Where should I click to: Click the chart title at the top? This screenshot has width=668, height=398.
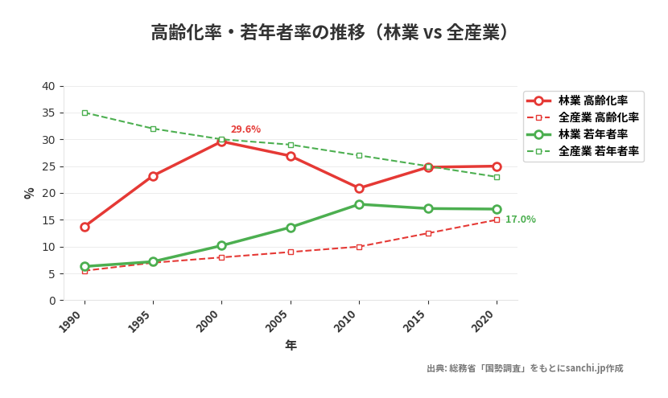[x=331, y=32]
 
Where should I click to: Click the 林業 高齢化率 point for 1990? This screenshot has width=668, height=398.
[x=85, y=227]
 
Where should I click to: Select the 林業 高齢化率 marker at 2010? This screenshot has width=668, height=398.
[x=359, y=188]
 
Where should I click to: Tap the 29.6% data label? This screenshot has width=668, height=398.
[x=245, y=129]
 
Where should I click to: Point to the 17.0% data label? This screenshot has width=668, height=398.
[x=520, y=220]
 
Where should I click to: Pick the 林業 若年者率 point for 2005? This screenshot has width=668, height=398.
[x=291, y=228]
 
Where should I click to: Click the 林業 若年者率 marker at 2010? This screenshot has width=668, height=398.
[x=359, y=204]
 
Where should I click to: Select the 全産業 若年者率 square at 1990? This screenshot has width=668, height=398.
[x=85, y=113]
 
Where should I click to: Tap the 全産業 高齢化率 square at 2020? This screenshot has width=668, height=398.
[x=497, y=220]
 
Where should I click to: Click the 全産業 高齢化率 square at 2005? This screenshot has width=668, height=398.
[x=291, y=252]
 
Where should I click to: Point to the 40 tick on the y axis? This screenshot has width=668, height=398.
[x=49, y=86]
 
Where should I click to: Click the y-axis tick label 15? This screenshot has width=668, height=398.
[x=49, y=220]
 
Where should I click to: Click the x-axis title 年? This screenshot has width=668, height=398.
[x=291, y=345]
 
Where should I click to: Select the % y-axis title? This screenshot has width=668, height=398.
[x=30, y=193]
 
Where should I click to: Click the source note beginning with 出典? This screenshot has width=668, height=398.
[x=525, y=368]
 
